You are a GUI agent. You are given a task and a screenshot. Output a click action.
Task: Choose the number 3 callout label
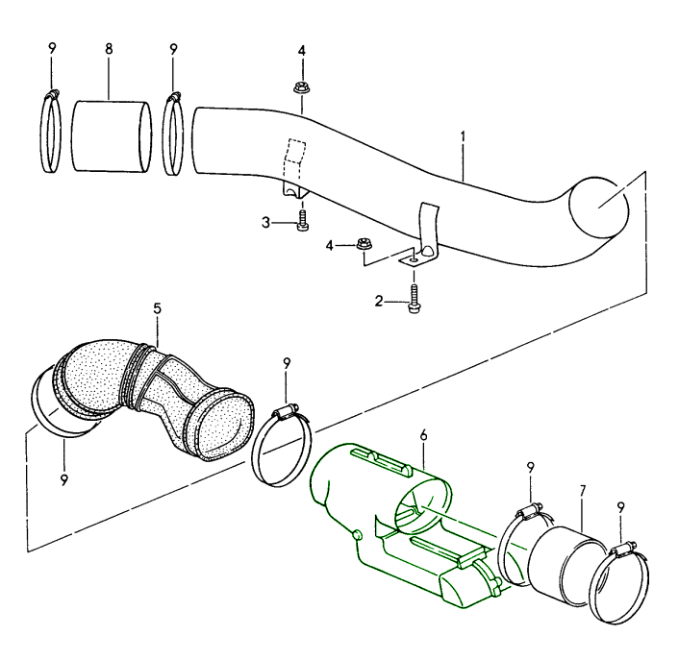coord(265,223)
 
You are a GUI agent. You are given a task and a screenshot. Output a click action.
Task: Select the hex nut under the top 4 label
coord(301,88)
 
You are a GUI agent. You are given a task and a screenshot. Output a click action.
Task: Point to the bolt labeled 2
coord(415,300)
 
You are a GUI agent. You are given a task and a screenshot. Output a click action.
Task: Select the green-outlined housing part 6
coord(404,519)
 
